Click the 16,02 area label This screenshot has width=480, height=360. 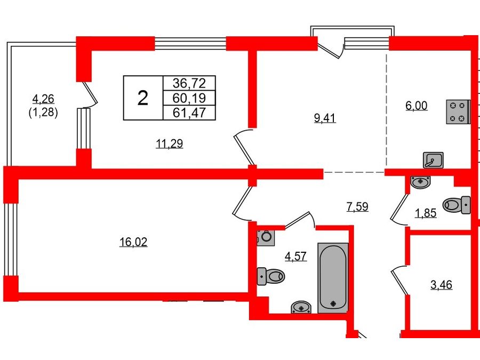pos(133,242)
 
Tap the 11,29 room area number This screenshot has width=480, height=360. pos(169,143)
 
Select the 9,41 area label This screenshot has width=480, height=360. pos(325,117)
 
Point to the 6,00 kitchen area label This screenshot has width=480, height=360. pos(417,105)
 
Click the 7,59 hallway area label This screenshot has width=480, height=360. pos(357,206)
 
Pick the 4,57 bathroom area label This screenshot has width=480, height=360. pos(295,256)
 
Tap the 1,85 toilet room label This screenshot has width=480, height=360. pos(426,212)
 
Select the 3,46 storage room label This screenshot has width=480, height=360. pos(441,285)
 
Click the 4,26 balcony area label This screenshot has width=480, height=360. pos(43,99)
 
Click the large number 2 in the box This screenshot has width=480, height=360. pos(143,98)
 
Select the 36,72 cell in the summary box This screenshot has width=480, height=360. pos(189,83)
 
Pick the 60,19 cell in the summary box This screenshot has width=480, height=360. pos(189,98)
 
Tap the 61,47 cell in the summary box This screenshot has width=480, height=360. pos(189,113)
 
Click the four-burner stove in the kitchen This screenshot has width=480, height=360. pos(458,112)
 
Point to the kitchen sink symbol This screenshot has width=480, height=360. pos(433,160)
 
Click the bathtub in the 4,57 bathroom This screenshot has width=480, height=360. pos(333,278)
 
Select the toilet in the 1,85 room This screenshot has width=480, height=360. pos(457,205)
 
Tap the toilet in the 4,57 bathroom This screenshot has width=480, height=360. pos(270,276)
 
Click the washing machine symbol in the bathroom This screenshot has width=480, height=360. pos(266,237)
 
